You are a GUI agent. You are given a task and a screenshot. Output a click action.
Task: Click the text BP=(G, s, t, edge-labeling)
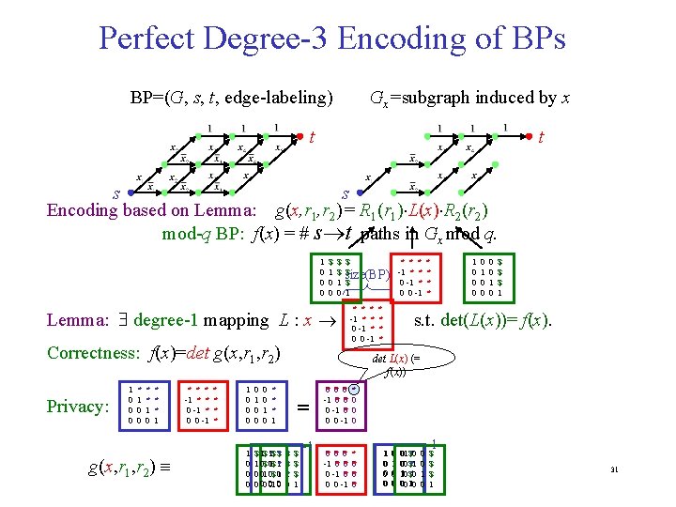(232, 98)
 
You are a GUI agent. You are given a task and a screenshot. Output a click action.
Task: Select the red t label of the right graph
(542, 137)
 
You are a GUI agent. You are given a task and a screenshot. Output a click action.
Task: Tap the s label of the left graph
(116, 193)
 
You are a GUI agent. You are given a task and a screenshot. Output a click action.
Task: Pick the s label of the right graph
(346, 193)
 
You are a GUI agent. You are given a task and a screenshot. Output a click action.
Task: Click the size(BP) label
(371, 274)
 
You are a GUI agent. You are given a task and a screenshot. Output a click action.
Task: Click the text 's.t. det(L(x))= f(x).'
(483, 320)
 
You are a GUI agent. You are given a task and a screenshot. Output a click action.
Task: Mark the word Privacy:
(77, 406)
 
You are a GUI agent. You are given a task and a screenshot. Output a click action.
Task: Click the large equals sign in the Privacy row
(302, 407)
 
